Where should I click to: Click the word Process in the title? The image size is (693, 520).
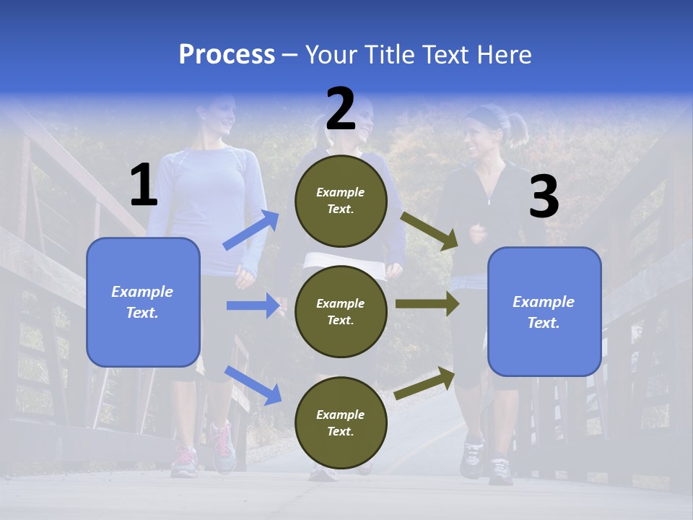(x=227, y=55)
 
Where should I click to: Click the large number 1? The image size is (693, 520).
(x=144, y=186)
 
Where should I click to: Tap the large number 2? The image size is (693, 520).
(x=341, y=110)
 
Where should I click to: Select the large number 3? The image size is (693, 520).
(x=544, y=198)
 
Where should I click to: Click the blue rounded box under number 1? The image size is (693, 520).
(x=143, y=302)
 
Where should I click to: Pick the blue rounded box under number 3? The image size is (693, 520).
(x=544, y=311)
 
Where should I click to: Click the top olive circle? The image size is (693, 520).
(x=341, y=200)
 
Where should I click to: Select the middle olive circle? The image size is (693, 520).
(x=341, y=311)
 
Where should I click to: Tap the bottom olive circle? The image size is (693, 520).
(x=341, y=422)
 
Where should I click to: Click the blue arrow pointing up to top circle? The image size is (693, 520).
(x=251, y=230)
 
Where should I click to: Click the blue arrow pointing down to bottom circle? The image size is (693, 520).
(x=253, y=385)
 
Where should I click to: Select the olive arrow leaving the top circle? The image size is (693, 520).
(x=429, y=231)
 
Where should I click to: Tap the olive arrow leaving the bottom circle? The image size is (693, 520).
(x=425, y=383)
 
